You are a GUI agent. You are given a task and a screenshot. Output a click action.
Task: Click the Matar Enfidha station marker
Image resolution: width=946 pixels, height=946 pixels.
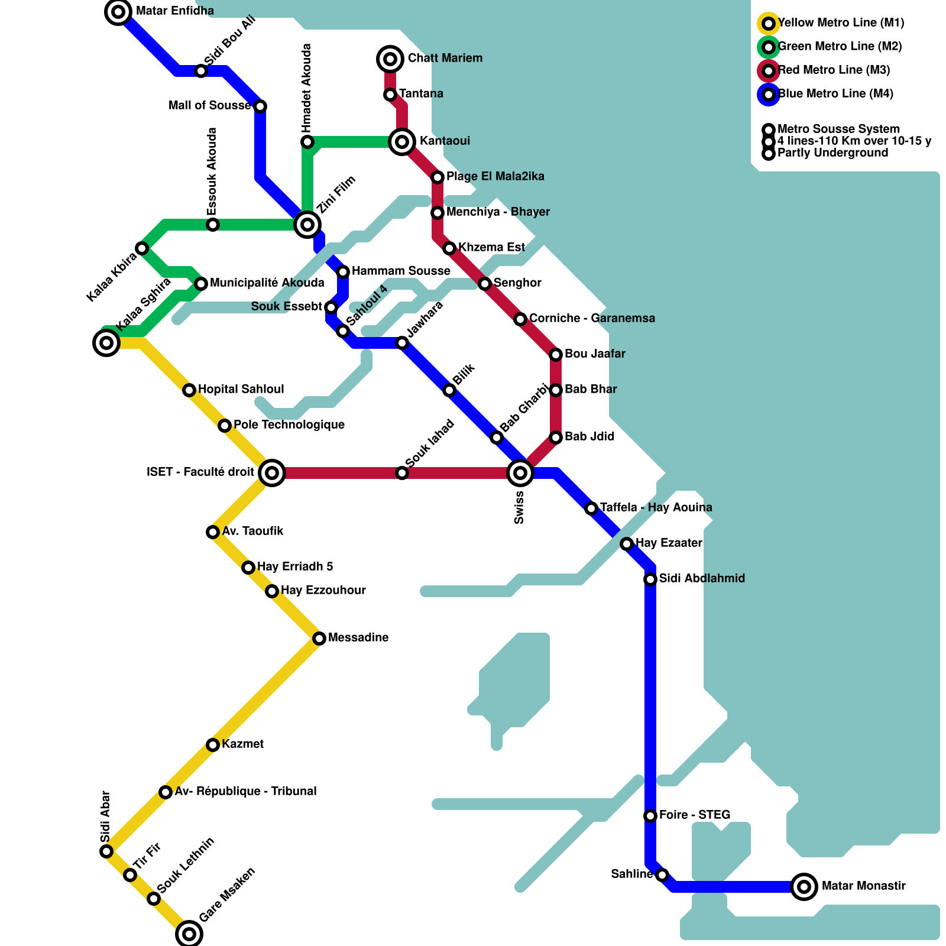[x=118, y=12]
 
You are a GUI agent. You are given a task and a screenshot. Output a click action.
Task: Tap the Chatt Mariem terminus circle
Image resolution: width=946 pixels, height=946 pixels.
[x=390, y=59]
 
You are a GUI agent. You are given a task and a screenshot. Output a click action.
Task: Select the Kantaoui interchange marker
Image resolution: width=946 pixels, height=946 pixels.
[x=402, y=142]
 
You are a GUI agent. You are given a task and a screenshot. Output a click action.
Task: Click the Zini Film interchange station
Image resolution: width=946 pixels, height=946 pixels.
[x=307, y=225]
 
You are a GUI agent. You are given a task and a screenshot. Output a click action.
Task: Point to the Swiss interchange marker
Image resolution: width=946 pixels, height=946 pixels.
[x=520, y=473]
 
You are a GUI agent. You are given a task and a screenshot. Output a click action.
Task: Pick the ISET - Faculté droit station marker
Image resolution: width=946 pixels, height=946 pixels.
[x=272, y=473]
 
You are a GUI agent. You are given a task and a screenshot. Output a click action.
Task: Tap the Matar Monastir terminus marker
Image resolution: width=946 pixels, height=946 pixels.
[x=804, y=887]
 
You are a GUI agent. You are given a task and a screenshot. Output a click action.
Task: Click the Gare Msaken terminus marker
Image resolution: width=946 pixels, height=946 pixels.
[x=189, y=934]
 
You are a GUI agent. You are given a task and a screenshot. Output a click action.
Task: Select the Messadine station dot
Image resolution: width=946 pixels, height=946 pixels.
[x=319, y=639]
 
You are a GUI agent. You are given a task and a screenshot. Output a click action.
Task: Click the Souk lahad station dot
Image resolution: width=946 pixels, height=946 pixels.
[x=402, y=473]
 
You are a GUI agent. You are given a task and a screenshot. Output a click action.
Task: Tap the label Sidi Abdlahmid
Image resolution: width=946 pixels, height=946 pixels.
[x=702, y=578]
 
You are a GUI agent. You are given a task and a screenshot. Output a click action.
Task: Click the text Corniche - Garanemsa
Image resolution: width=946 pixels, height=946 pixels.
[x=592, y=318]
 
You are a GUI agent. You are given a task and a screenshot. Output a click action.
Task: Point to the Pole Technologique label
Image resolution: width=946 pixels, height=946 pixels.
[x=289, y=425]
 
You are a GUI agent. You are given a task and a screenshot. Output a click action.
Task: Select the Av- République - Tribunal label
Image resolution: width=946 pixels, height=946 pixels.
[x=245, y=791]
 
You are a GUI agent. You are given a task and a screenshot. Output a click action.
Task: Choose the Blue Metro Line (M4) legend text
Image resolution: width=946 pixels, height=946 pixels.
[x=835, y=94]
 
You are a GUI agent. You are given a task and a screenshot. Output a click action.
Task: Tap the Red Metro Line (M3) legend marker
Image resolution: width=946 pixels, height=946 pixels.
[x=769, y=71]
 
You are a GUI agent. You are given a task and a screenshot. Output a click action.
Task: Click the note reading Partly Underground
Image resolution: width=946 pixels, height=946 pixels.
[x=832, y=153]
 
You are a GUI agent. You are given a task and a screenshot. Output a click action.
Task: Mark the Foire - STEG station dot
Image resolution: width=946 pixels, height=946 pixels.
[x=650, y=816]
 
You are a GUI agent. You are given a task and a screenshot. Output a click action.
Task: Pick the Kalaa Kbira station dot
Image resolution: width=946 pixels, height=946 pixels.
[x=142, y=248]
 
